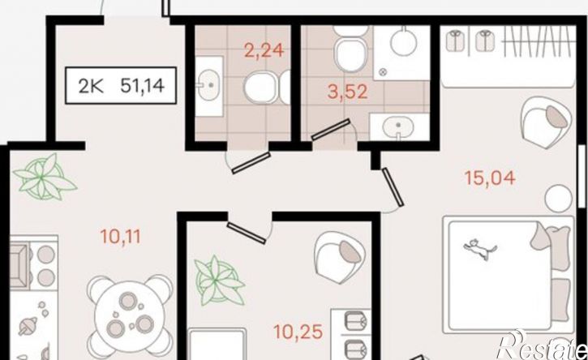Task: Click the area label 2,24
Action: [264, 50]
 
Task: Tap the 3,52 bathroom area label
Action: [347, 92]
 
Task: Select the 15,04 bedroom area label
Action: [490, 178]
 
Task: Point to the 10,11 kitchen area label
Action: [120, 236]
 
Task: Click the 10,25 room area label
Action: [298, 332]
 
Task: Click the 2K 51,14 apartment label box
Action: [121, 85]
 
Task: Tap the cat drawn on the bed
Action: [480, 249]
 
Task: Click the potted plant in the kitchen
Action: [45, 177]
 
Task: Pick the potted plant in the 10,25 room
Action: [219, 281]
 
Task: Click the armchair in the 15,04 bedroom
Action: [547, 122]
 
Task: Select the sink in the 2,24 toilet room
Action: [209, 86]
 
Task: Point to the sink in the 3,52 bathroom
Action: [398, 126]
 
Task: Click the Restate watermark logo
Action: [542, 345]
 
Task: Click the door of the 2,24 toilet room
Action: [251, 163]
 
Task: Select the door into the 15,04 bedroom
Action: [393, 187]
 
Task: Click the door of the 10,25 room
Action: [247, 233]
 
